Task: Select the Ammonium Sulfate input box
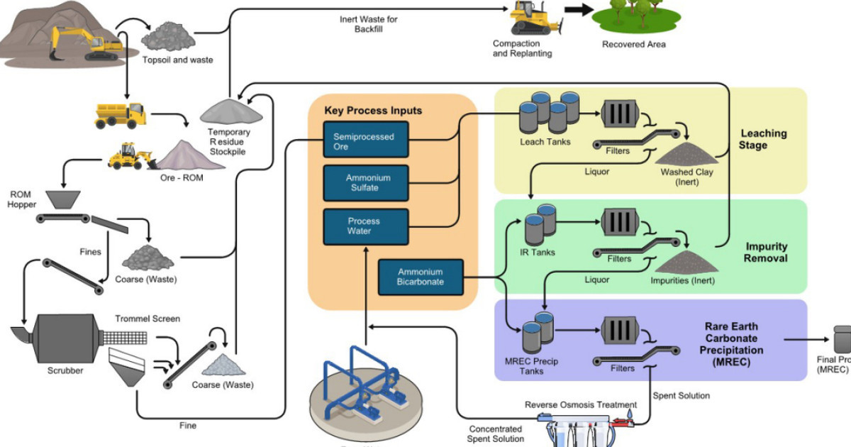[x=366, y=182]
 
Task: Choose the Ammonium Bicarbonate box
[x=420, y=277]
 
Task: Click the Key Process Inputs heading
[x=373, y=111]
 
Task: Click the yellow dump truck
[x=121, y=115]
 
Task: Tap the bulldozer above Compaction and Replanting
[x=535, y=18]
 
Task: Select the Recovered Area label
[x=634, y=44]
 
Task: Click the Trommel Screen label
[x=148, y=319]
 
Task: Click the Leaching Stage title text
[x=763, y=139]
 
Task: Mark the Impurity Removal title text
[x=766, y=253]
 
